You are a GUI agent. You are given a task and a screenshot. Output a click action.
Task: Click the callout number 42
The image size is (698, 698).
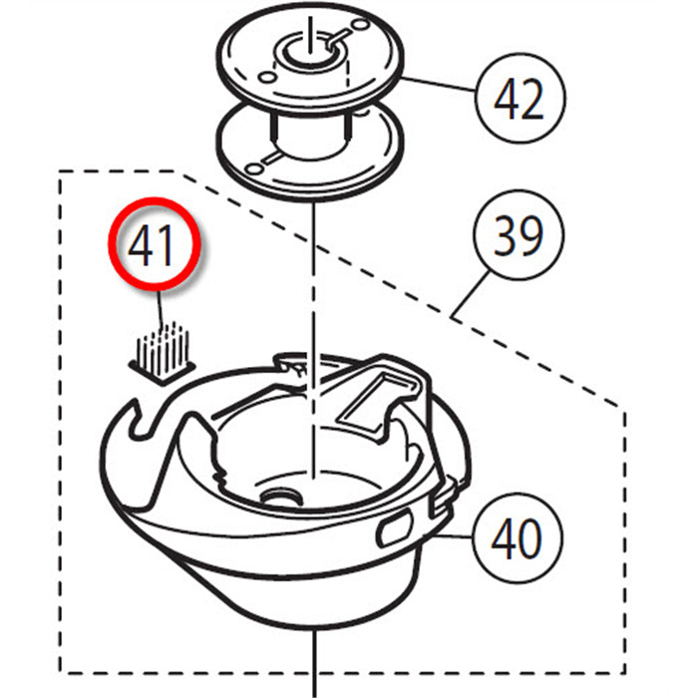[520, 99]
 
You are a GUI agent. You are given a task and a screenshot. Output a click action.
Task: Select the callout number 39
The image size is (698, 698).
[520, 235]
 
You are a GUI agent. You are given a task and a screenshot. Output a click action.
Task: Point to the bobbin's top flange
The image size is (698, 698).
[310, 59]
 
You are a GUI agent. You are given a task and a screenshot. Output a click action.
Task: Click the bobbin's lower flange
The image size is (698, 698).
[310, 152]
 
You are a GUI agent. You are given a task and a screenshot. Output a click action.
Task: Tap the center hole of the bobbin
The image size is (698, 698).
[309, 52]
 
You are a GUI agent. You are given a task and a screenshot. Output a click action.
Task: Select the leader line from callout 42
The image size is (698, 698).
[439, 84]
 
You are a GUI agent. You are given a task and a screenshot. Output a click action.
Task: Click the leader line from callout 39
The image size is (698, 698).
[470, 294]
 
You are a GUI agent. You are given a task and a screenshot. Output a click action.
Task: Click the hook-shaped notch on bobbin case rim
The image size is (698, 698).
[141, 420]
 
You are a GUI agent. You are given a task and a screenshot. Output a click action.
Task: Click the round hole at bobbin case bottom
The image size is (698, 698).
[280, 497]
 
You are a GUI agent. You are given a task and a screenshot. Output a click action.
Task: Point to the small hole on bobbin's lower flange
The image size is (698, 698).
[254, 170]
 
